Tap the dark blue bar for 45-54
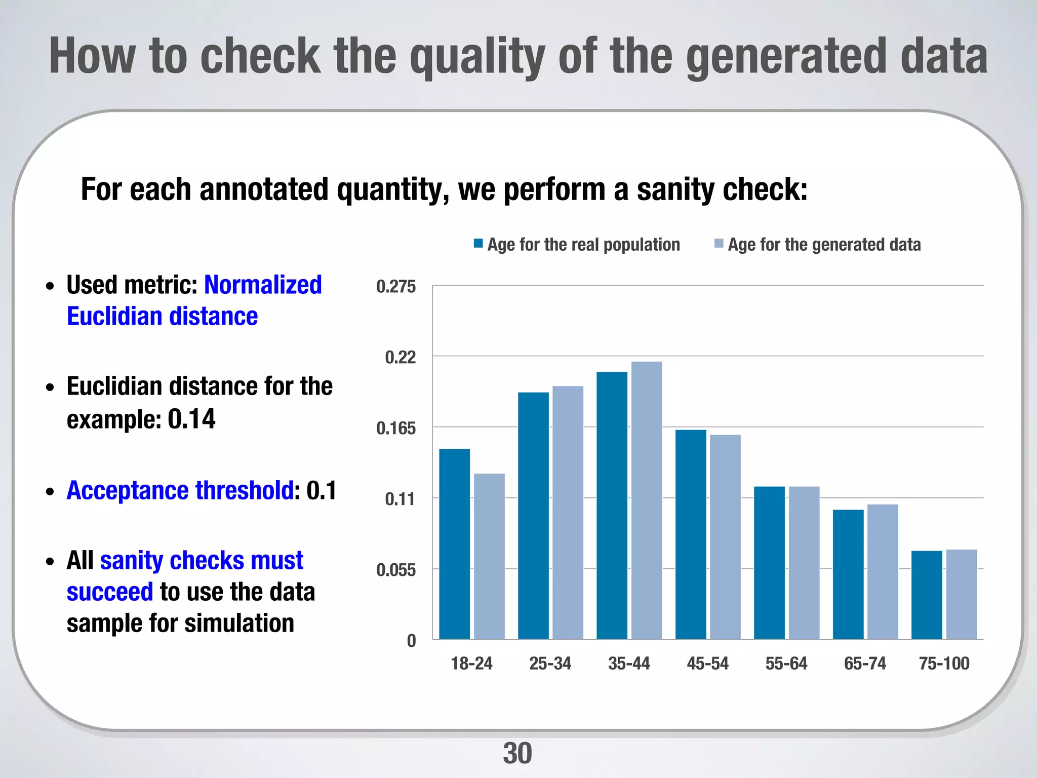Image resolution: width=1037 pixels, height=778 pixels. click(691, 534)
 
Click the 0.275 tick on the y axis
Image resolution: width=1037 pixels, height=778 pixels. click(395, 287)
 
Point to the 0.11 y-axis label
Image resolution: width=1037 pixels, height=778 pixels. click(400, 499)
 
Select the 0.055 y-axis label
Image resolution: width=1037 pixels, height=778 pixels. click(395, 570)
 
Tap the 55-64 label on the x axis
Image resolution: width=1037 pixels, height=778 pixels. click(786, 663)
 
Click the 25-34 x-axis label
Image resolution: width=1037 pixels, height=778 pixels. click(550, 663)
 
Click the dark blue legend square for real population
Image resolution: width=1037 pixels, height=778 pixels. click(478, 244)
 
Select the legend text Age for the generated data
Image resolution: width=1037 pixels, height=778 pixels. click(824, 245)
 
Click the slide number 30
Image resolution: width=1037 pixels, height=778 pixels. click(517, 753)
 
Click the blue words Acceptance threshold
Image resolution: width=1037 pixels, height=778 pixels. click(180, 490)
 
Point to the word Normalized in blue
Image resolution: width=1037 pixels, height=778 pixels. click(262, 285)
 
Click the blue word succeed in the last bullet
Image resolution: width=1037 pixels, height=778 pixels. click(109, 592)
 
